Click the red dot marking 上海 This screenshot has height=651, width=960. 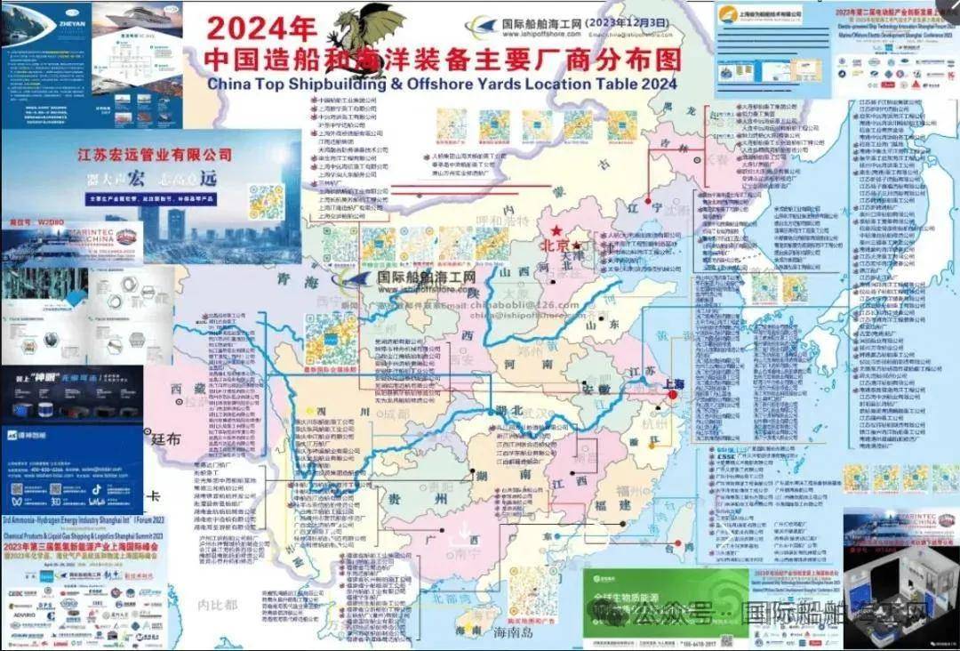point(674,395)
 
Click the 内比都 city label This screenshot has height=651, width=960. point(219,605)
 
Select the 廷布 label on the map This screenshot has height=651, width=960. point(165,438)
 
